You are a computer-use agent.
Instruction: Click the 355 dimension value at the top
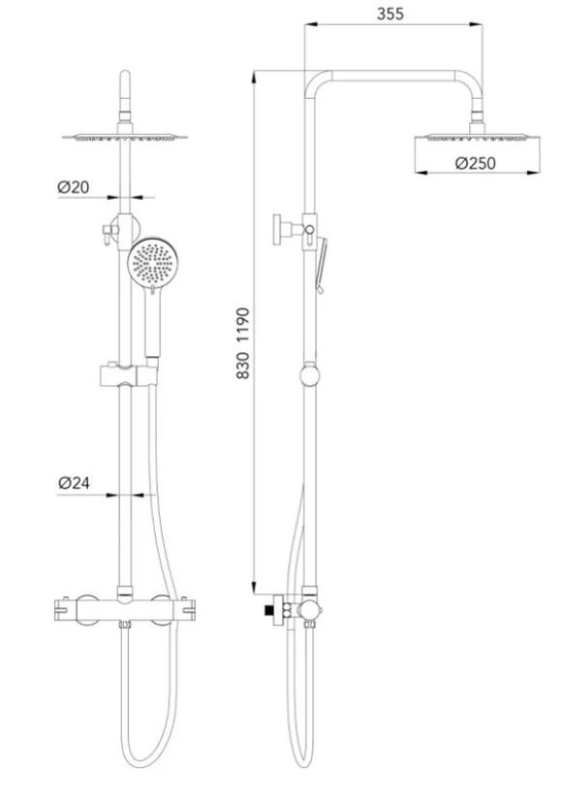[x=392, y=14]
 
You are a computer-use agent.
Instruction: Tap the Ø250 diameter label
[x=474, y=163]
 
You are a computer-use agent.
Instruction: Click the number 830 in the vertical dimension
[x=242, y=365]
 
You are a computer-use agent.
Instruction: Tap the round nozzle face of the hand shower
[x=152, y=261]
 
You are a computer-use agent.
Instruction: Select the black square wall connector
[x=266, y=611]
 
